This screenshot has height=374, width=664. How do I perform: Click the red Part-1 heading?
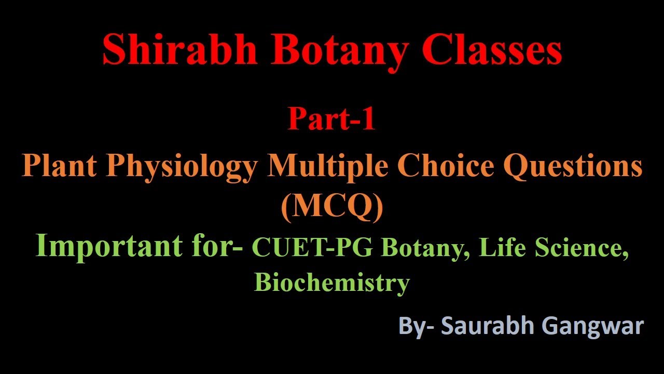tap(331, 119)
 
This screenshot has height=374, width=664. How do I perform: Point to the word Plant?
tap(59, 166)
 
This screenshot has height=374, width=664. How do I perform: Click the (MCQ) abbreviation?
tap(331, 206)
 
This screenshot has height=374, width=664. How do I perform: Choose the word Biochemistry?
tap(331, 283)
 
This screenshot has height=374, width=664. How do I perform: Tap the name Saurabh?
tap(488, 326)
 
